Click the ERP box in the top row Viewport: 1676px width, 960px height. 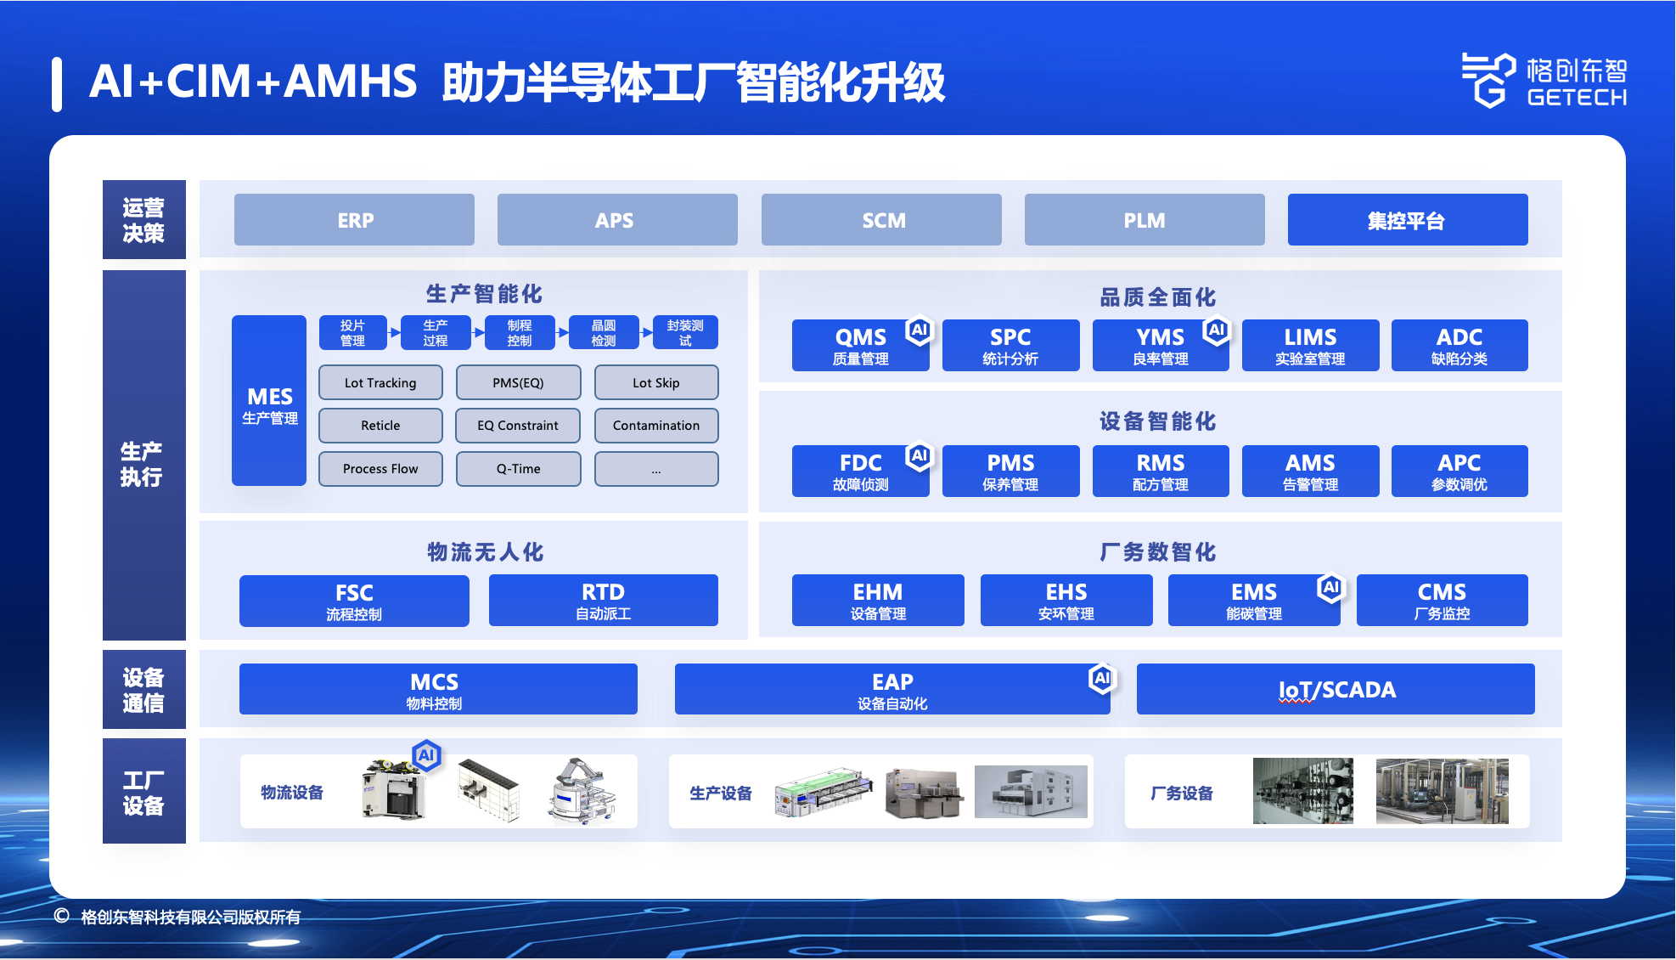point(354,220)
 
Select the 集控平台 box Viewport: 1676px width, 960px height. point(1407,220)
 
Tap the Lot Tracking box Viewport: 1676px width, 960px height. point(380,382)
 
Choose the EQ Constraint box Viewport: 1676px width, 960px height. point(518,426)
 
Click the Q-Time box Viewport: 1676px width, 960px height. point(518,469)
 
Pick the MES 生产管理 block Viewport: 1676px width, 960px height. point(269,400)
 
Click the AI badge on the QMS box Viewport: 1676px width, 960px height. point(919,330)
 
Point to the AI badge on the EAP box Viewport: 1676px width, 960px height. point(1102,678)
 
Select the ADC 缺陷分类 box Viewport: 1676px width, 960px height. point(1459,345)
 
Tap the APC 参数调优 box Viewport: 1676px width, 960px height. point(1459,471)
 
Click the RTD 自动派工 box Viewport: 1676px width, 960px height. point(604,601)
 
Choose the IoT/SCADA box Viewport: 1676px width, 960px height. point(1336,689)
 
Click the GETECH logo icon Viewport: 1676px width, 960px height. point(1488,80)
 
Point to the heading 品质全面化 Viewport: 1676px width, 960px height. point(1158,297)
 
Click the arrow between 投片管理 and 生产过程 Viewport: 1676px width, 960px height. point(394,332)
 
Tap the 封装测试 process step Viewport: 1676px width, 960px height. point(685,332)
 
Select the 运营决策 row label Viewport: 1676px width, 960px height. point(144,220)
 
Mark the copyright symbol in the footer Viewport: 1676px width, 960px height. point(61,916)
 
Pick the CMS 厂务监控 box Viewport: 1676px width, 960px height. point(1442,601)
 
